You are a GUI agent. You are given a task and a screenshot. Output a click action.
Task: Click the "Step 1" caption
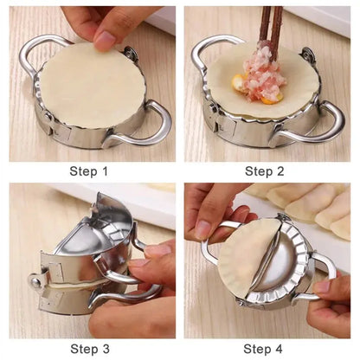[x=89, y=170]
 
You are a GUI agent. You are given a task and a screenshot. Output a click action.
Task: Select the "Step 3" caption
[x=89, y=349]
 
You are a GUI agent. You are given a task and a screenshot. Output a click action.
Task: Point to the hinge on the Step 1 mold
[x=131, y=55]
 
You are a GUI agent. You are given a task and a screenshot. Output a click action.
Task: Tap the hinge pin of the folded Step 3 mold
[x=36, y=280]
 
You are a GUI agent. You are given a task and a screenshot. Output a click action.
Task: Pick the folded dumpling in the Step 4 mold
[x=247, y=260]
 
